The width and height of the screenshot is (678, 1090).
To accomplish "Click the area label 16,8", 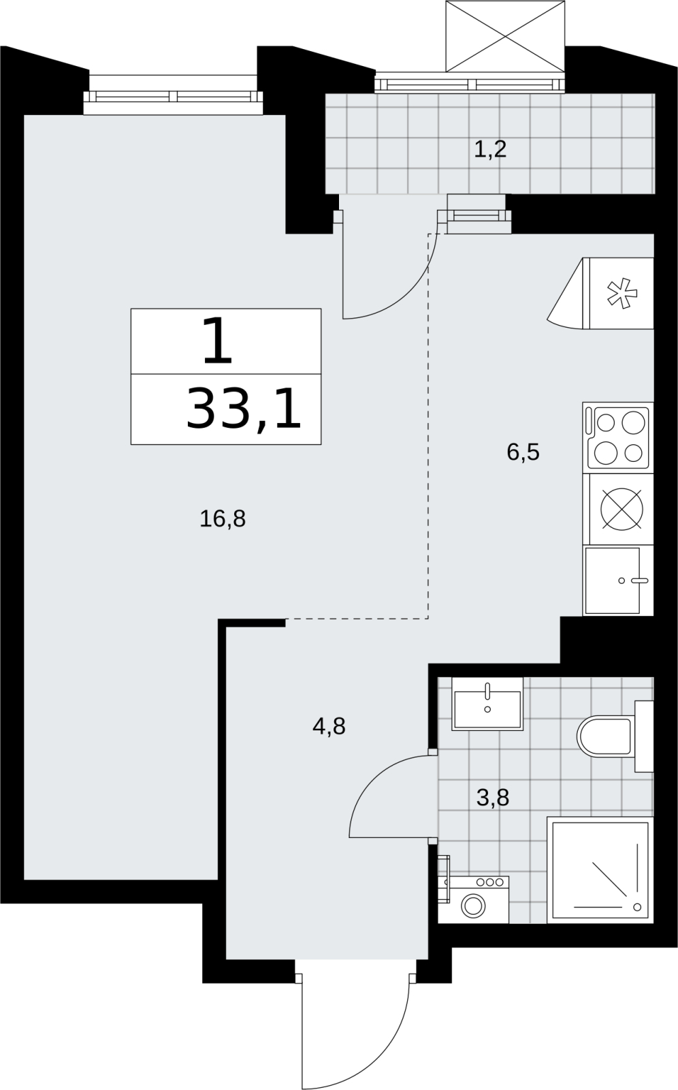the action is pyautogui.click(x=223, y=519).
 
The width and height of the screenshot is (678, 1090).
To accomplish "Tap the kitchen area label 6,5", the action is pyautogui.click(x=523, y=452).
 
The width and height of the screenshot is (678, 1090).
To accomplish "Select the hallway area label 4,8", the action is pyautogui.click(x=329, y=726).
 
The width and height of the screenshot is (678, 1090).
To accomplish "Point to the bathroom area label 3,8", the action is pyautogui.click(x=493, y=798).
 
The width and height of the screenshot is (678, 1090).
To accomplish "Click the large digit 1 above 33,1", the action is pyautogui.click(x=217, y=341).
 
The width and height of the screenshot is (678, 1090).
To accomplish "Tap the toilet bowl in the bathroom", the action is pyautogui.click(x=606, y=736).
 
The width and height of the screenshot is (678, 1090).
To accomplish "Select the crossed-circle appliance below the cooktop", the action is pyautogui.click(x=622, y=509).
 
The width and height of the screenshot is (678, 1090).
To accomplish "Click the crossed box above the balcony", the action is pyautogui.click(x=505, y=37).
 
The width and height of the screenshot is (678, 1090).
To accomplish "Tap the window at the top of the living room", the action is pyautogui.click(x=173, y=95).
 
